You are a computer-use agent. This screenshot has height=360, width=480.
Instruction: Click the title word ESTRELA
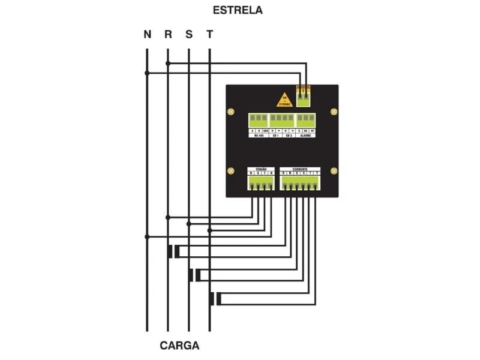tap(238, 11)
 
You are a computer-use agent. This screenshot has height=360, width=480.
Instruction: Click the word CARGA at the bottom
tap(179, 346)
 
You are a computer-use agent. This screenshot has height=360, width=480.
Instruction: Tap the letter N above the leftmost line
tap(147, 34)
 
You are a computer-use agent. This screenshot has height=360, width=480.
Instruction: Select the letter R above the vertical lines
tap(168, 34)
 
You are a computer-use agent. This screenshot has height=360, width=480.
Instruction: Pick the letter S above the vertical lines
tap(189, 34)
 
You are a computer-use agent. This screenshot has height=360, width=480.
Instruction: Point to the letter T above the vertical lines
tap(209, 34)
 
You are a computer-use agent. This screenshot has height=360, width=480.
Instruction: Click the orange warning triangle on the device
tap(285, 100)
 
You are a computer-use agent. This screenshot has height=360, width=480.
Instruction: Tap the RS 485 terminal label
tap(260, 136)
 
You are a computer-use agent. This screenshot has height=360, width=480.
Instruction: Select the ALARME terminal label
tap(305, 136)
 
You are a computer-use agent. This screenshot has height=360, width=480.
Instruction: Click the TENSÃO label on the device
tap(261, 169)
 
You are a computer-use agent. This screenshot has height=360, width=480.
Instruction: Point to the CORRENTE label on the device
tap(300, 169)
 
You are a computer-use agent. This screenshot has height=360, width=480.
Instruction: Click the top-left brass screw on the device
tap(230, 112)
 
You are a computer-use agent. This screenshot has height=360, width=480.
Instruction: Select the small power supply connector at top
tap(304, 94)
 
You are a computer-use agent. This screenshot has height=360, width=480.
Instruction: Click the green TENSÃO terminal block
tap(261, 182)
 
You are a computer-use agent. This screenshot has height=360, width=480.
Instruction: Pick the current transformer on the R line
tap(173, 251)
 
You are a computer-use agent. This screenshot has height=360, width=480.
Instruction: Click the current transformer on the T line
tap(215, 298)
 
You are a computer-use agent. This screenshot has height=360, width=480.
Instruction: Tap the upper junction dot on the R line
tap(168, 63)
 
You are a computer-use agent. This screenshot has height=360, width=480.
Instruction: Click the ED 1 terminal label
tap(275, 136)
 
